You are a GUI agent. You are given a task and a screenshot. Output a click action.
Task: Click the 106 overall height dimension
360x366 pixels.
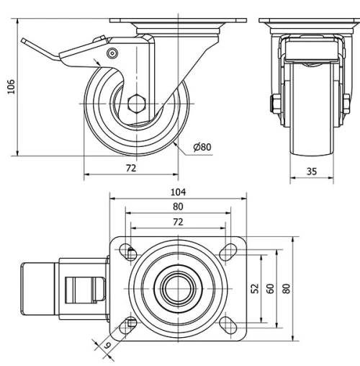click(9, 86)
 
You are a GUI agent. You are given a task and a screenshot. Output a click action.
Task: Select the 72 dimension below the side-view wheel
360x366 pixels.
click(131, 168)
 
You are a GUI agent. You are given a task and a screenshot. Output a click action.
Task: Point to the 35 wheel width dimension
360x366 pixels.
click(312, 171)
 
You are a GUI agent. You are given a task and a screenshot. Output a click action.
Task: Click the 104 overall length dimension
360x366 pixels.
click(178, 192)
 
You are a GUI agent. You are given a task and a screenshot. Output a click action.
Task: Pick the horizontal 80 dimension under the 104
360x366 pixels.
click(178, 206)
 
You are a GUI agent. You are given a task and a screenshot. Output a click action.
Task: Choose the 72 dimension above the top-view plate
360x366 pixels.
click(178, 221)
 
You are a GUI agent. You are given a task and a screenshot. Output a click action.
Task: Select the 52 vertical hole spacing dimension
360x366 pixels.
click(254, 287)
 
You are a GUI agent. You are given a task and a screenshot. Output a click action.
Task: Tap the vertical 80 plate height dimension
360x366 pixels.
click(287, 287)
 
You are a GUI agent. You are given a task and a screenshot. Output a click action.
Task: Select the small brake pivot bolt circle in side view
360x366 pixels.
click(112, 54)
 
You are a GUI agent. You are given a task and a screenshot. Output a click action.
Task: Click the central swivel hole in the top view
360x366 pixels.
click(178, 287)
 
